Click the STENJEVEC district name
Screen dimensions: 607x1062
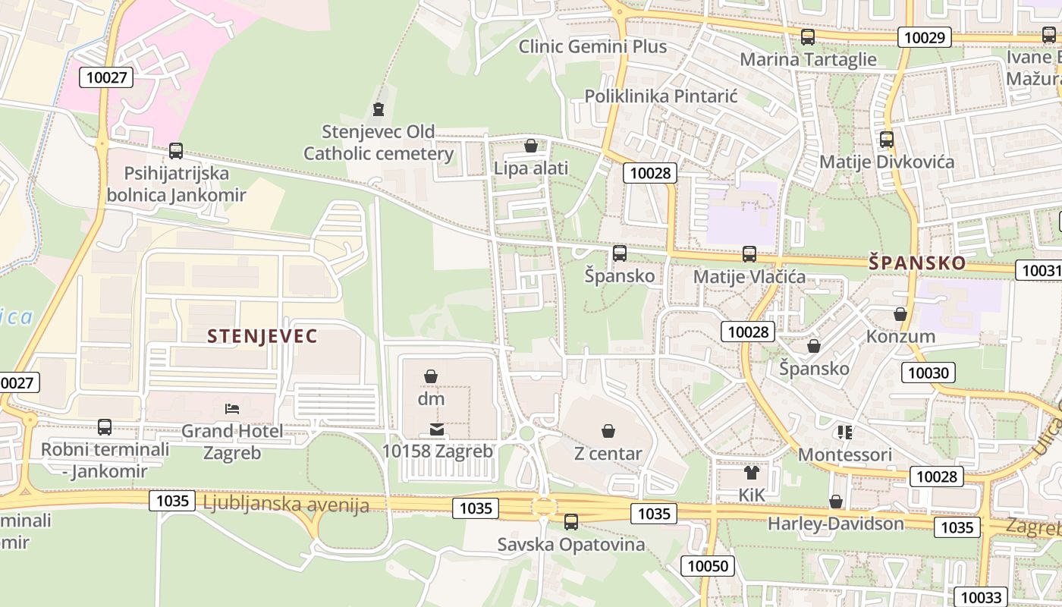click(x=262, y=336)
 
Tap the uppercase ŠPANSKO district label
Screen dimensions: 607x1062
click(x=917, y=263)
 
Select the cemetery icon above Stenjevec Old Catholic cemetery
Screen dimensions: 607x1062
click(x=379, y=109)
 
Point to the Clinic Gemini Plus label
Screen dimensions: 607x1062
click(x=592, y=46)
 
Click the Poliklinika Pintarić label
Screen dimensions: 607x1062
click(x=661, y=96)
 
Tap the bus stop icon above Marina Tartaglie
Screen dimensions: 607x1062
click(x=808, y=36)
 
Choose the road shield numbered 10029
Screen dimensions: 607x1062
click(x=925, y=37)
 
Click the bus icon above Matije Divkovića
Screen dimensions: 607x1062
click(x=886, y=140)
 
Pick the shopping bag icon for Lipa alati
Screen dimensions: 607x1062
click(x=531, y=145)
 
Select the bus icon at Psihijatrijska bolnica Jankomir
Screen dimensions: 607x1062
click(x=176, y=151)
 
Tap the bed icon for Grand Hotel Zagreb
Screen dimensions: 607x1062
click(x=232, y=409)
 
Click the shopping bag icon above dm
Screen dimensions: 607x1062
click(x=431, y=376)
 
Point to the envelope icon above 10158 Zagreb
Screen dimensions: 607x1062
click(x=437, y=429)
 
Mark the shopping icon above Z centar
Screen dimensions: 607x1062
click(x=608, y=432)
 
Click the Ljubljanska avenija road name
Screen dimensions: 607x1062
click(x=286, y=504)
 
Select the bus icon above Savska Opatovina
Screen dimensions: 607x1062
click(x=571, y=522)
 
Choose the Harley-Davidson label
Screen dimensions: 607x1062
click(x=835, y=524)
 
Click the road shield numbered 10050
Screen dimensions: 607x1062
click(x=709, y=565)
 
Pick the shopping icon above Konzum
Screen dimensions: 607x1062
click(x=900, y=314)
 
